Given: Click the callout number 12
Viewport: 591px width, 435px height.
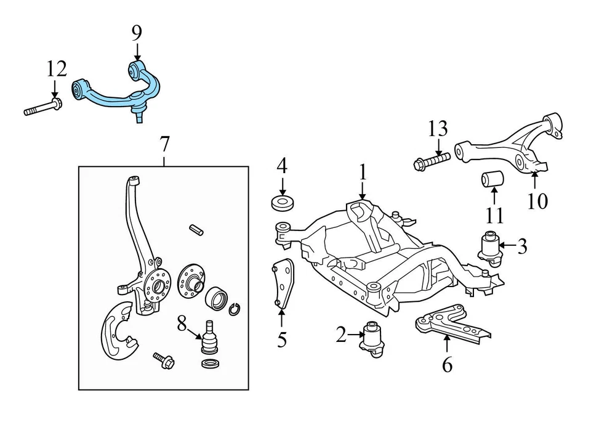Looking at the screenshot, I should pos(56,68).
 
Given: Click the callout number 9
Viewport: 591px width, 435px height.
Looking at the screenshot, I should pos(137,33).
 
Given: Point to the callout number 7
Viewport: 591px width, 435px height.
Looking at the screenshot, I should pos(164,144).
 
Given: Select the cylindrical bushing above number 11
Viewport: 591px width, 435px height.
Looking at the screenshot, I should pos(492,179).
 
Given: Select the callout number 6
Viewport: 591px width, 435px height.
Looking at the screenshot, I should pos(447,364).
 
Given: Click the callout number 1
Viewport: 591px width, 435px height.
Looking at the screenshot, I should pos(363,172).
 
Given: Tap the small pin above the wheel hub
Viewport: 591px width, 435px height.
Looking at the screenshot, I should pos(196,229).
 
